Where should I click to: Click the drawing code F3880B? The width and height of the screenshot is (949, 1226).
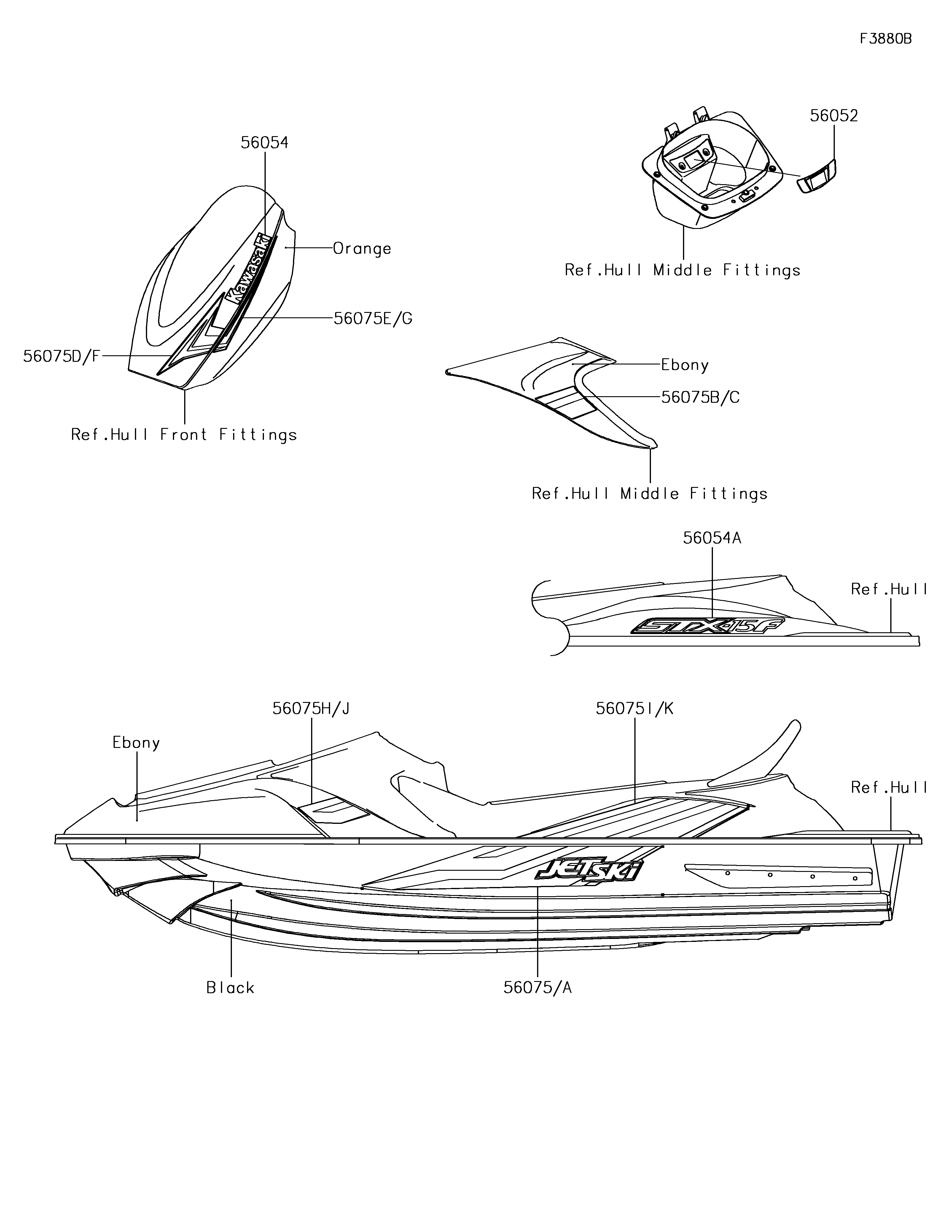[x=886, y=39]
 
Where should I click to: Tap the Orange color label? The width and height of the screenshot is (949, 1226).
[x=362, y=248]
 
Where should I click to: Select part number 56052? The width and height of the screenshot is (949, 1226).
[x=834, y=116]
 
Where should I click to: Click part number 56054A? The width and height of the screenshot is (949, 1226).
[x=712, y=538]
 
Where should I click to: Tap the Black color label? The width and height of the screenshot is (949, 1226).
[x=230, y=988]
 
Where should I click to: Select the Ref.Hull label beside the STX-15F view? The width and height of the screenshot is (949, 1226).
[x=889, y=590]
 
